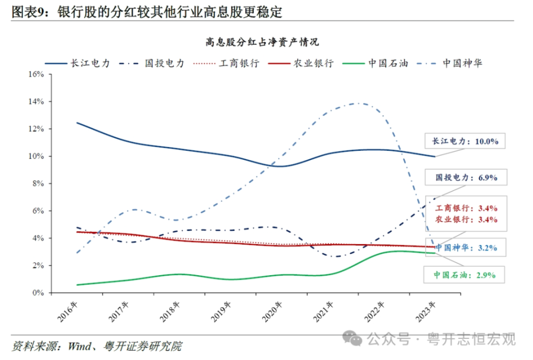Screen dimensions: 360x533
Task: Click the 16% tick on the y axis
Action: point(36,74)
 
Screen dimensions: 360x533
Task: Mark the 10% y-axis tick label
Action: point(36,156)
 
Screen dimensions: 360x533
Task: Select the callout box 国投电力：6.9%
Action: point(466,178)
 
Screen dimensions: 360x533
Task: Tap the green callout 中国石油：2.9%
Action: point(465,274)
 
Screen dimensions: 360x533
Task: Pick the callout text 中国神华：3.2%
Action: point(466,247)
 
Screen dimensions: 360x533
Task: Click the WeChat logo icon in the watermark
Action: point(352,337)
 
